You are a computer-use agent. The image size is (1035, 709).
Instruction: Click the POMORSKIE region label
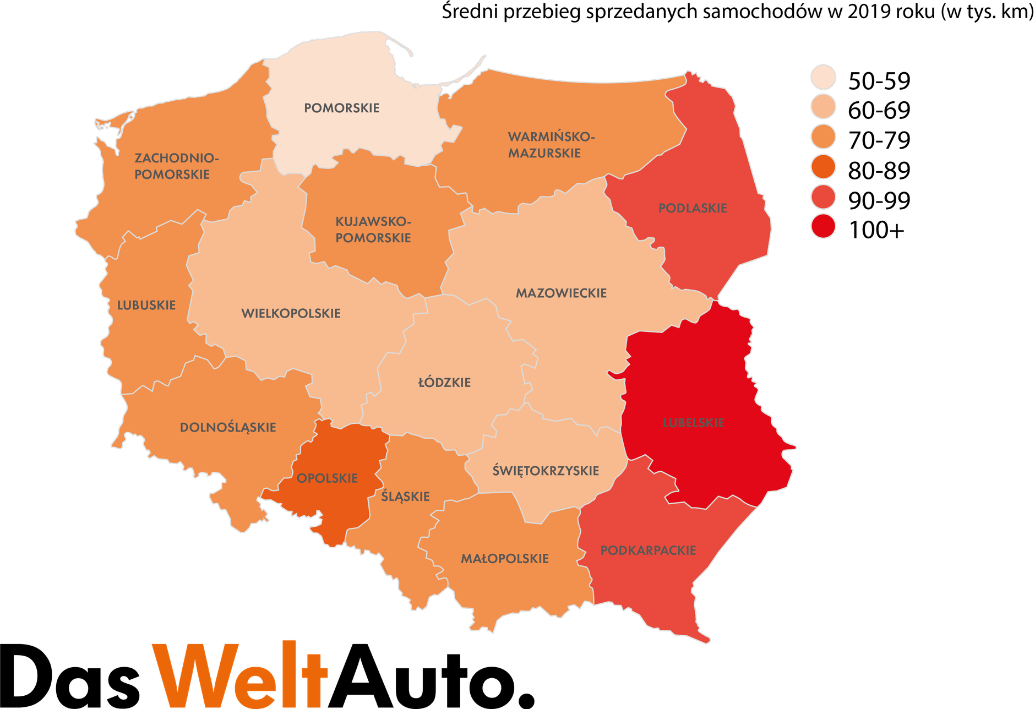click(341, 108)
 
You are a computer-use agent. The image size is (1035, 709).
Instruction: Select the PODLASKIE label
click(693, 208)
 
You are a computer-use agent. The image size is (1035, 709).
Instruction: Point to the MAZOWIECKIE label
click(561, 293)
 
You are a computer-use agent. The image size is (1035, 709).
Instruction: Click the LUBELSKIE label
click(694, 423)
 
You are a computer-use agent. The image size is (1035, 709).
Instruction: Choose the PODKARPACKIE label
click(648, 550)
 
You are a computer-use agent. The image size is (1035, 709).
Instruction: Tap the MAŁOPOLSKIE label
click(504, 559)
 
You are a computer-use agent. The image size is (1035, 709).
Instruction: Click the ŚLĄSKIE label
click(405, 497)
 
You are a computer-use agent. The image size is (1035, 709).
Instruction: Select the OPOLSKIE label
click(327, 478)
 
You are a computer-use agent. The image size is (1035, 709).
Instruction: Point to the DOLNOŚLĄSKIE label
click(228, 428)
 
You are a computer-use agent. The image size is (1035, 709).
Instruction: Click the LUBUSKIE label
click(146, 306)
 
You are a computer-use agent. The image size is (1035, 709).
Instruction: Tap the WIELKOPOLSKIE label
click(291, 314)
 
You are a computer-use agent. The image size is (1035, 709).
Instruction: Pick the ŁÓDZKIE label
click(444, 383)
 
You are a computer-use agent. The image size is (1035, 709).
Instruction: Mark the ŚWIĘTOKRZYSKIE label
click(546, 471)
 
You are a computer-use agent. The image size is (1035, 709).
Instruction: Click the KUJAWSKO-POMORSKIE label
click(373, 230)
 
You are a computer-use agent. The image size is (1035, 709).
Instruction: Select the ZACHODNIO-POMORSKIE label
click(176, 166)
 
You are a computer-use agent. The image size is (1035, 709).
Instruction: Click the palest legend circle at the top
click(823, 77)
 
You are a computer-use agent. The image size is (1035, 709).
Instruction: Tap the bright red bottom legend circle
click(823, 226)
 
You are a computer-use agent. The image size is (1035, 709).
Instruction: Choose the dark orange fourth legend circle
click(823, 166)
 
